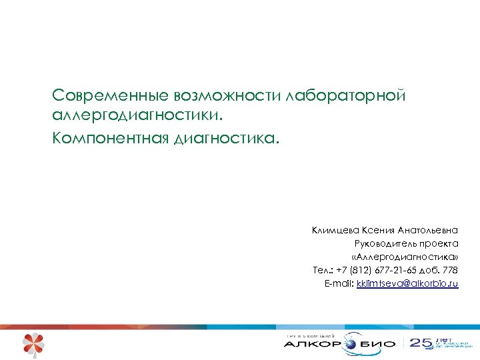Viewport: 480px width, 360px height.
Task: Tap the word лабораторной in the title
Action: tap(346, 95)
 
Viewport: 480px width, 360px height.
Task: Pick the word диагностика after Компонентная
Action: tap(224, 139)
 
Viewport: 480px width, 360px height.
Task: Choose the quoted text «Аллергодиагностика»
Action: tap(405, 257)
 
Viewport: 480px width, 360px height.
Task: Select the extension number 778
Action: tap(449, 271)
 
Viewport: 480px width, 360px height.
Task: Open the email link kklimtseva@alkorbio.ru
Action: tap(407, 284)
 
